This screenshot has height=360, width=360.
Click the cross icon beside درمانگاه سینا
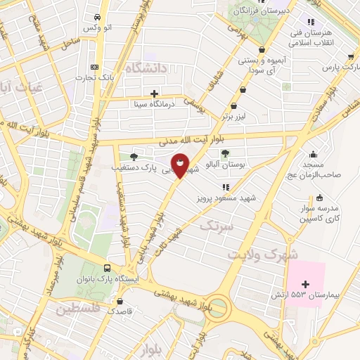[x=154, y=93]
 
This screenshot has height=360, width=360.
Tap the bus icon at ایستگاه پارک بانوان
[x=107, y=268]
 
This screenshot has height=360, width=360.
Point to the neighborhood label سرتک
[x=215, y=226]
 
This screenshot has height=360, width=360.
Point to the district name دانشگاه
[x=146, y=67]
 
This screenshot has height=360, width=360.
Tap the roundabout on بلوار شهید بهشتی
[x=219, y=307]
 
